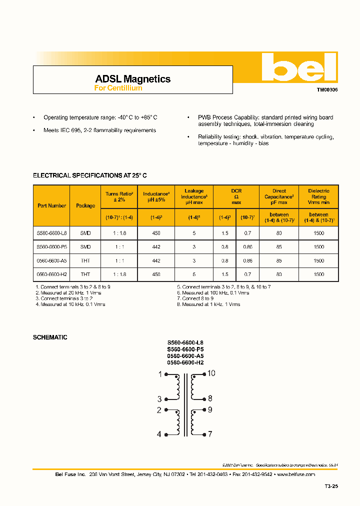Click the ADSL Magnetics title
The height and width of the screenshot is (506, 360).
132,79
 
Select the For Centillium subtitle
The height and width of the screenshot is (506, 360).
118,88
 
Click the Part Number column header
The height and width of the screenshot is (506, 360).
51,205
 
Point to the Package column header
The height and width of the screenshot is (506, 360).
85,205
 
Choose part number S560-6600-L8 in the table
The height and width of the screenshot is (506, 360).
51,233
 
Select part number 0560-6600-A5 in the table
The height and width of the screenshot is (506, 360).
51,260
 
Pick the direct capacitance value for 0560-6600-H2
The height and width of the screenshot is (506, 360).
279,274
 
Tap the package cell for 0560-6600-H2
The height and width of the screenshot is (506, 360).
85,274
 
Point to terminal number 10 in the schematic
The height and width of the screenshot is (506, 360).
211,373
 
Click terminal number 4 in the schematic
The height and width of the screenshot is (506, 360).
159,434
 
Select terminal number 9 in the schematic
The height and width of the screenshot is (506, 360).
210,409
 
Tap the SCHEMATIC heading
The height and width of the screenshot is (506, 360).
50,337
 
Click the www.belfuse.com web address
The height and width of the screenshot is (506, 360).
295,474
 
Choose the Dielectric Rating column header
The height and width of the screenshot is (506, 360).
318,196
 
